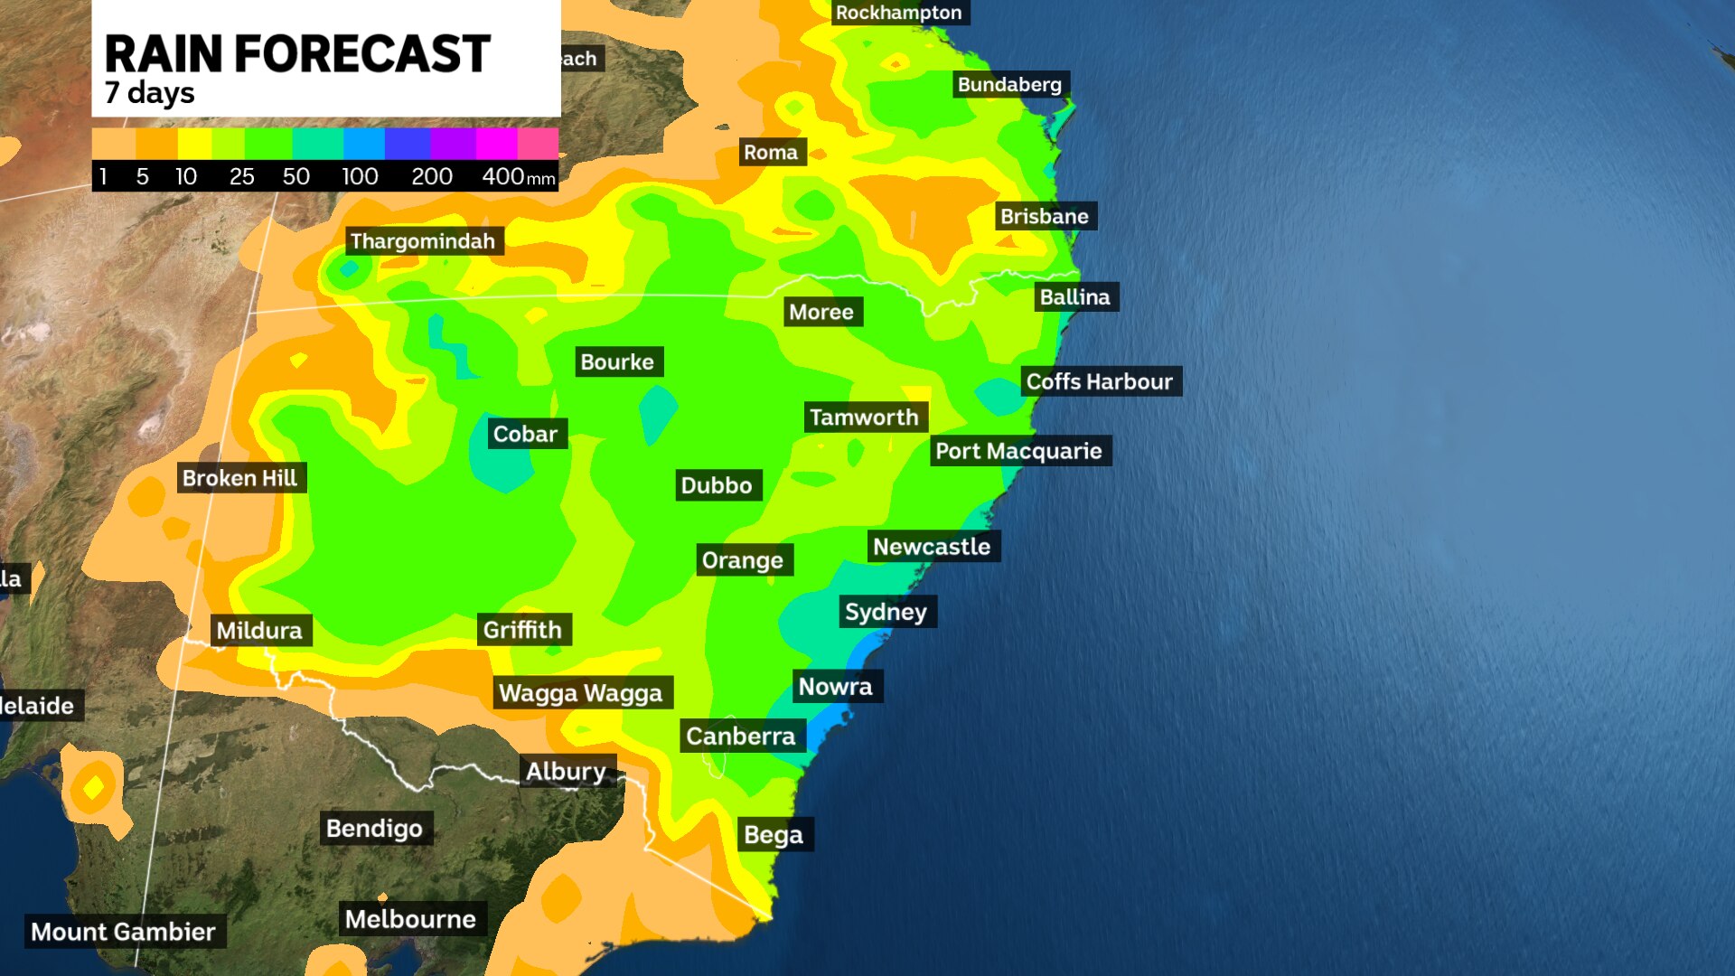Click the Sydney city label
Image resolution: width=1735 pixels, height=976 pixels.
click(886, 612)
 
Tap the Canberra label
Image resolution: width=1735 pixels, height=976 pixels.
click(740, 737)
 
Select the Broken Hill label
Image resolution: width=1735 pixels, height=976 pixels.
click(239, 478)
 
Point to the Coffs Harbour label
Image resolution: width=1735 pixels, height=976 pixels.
click(1099, 381)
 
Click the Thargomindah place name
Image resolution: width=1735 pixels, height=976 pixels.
click(422, 241)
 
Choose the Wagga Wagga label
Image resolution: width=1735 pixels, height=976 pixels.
click(580, 693)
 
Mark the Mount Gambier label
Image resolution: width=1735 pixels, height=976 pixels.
click(123, 932)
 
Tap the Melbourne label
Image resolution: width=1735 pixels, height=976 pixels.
click(410, 919)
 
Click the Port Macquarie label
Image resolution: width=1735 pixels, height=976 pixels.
click(1018, 451)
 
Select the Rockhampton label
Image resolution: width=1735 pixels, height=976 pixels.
click(898, 13)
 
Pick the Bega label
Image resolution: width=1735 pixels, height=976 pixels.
click(774, 834)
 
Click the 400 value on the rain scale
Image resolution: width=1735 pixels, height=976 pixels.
click(502, 176)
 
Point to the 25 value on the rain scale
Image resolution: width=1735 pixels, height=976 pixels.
click(241, 176)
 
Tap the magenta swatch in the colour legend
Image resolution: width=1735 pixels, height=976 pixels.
click(495, 143)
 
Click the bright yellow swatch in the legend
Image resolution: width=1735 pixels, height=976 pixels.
click(194, 143)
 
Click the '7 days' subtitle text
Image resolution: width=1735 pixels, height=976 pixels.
click(149, 93)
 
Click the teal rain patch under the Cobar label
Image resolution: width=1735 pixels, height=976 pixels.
click(502, 465)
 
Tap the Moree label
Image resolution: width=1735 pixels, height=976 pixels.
click(821, 312)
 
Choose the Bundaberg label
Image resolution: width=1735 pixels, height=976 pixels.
click(1009, 85)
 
